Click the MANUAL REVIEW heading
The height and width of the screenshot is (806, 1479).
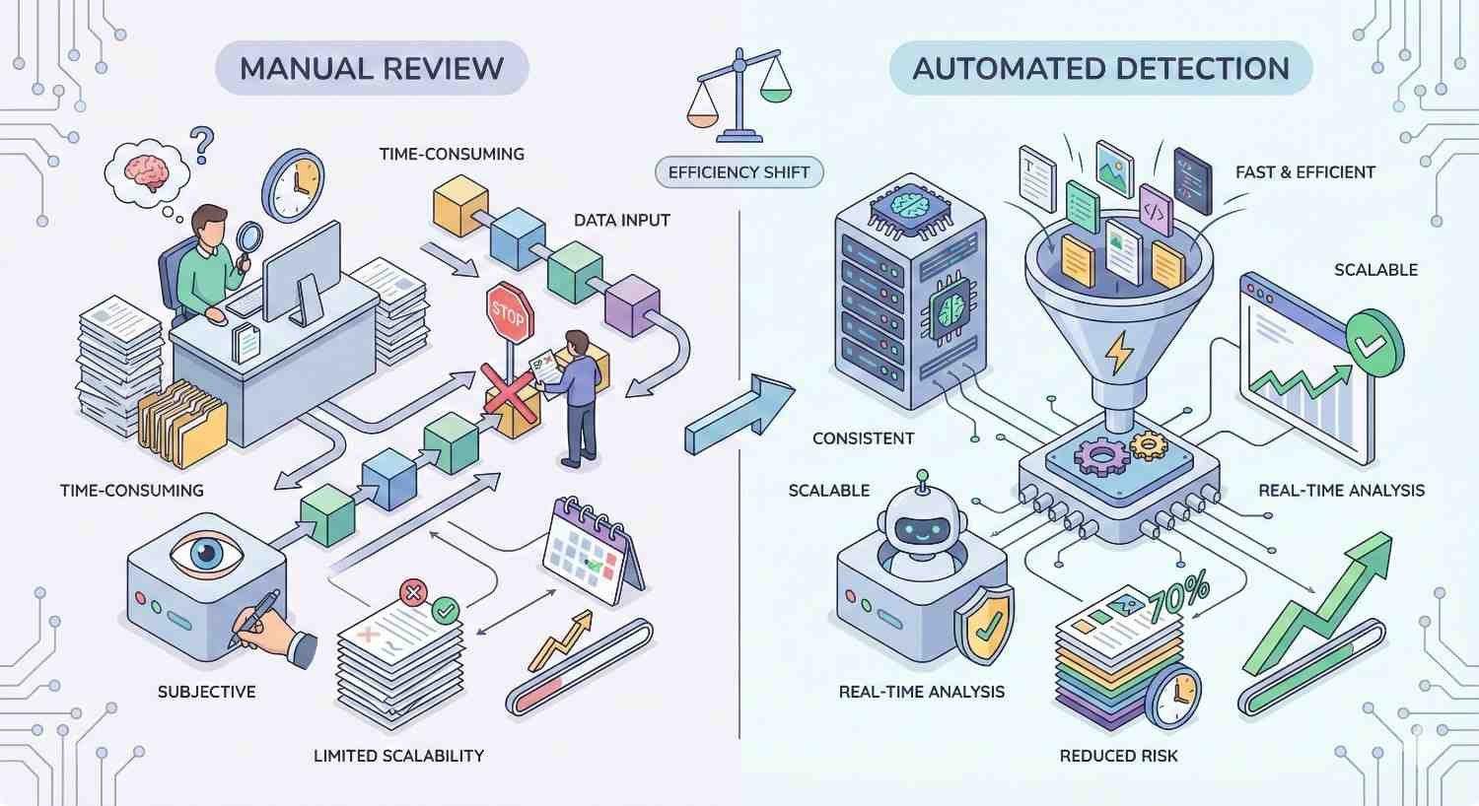(x=372, y=68)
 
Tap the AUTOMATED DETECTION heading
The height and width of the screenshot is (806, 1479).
(x=1100, y=68)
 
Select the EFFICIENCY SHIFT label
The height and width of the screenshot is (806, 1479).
(x=739, y=172)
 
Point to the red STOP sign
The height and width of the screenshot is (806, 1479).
(x=509, y=313)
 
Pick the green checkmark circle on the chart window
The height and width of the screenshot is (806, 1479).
(x=1374, y=342)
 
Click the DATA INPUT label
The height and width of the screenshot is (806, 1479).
(x=621, y=220)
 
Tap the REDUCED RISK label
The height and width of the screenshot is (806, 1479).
(x=1118, y=756)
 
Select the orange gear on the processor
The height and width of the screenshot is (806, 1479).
(x=1148, y=445)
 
